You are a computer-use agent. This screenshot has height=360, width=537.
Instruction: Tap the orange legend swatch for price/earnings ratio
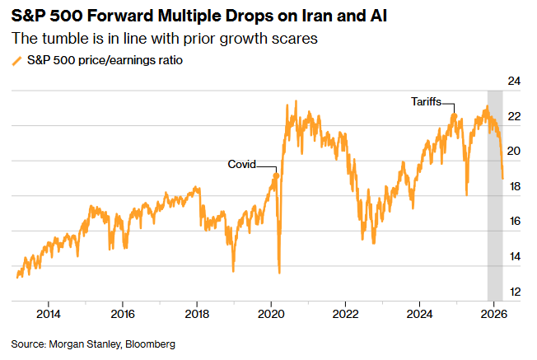click(x=16, y=61)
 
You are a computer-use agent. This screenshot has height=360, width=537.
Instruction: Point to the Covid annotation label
click(x=241, y=164)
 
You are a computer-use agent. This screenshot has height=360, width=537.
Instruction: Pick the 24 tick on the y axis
click(x=515, y=81)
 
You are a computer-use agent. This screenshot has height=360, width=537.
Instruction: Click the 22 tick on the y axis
click(x=515, y=116)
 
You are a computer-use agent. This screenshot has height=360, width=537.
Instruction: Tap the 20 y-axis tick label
click(x=515, y=152)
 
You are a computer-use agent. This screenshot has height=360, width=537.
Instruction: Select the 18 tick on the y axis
click(x=515, y=186)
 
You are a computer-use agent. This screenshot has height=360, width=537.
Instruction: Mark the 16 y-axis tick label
click(x=515, y=222)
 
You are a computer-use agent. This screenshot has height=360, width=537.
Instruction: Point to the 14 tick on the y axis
click(x=515, y=257)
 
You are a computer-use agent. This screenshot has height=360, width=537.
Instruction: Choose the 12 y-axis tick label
click(x=515, y=292)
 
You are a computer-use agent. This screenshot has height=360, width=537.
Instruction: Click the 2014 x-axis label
click(x=49, y=314)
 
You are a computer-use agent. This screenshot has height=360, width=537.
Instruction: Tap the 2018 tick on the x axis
click(x=197, y=314)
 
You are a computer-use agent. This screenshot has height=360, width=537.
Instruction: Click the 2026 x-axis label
click(x=493, y=314)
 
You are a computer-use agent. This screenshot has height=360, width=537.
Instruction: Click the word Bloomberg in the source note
click(x=151, y=344)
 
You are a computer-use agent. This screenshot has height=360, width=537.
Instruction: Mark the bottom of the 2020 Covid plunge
click(x=280, y=273)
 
